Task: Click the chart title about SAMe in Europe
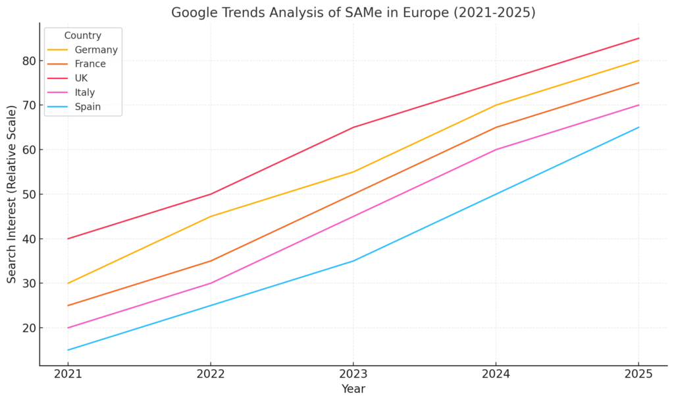click(x=353, y=13)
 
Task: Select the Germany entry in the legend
click(x=95, y=50)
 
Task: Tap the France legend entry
click(x=90, y=64)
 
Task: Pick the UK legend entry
click(x=81, y=78)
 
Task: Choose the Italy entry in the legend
click(x=85, y=92)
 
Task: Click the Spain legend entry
click(x=88, y=107)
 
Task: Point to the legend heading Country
click(x=82, y=36)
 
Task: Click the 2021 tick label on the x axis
click(x=68, y=374)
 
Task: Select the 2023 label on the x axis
click(x=353, y=374)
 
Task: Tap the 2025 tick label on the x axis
click(x=638, y=374)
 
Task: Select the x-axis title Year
click(x=353, y=389)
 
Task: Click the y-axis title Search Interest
click(x=12, y=194)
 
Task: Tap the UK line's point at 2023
click(x=353, y=127)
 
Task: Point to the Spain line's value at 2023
click(x=353, y=261)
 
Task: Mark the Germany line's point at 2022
click(x=211, y=216)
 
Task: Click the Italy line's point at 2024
click(x=496, y=150)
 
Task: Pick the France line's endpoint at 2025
click(x=638, y=83)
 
